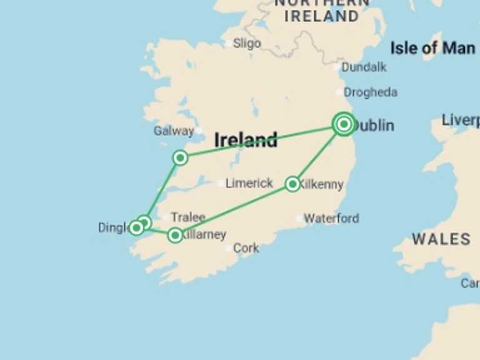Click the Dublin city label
click(374, 126)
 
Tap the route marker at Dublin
click(344, 124)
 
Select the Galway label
click(173, 131)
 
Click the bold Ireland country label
click(246, 139)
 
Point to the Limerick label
click(249, 183)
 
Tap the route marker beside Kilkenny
click(292, 184)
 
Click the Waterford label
click(331, 218)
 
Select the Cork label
click(246, 248)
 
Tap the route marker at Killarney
click(175, 235)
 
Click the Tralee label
click(187, 217)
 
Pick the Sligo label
click(247, 43)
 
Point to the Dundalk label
click(364, 67)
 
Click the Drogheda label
click(370, 92)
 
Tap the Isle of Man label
click(432, 47)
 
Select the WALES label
click(441, 239)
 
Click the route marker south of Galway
click(180, 157)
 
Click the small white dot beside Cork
click(228, 248)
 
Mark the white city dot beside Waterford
click(299, 219)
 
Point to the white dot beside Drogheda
click(339, 92)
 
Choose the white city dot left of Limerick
click(220, 184)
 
